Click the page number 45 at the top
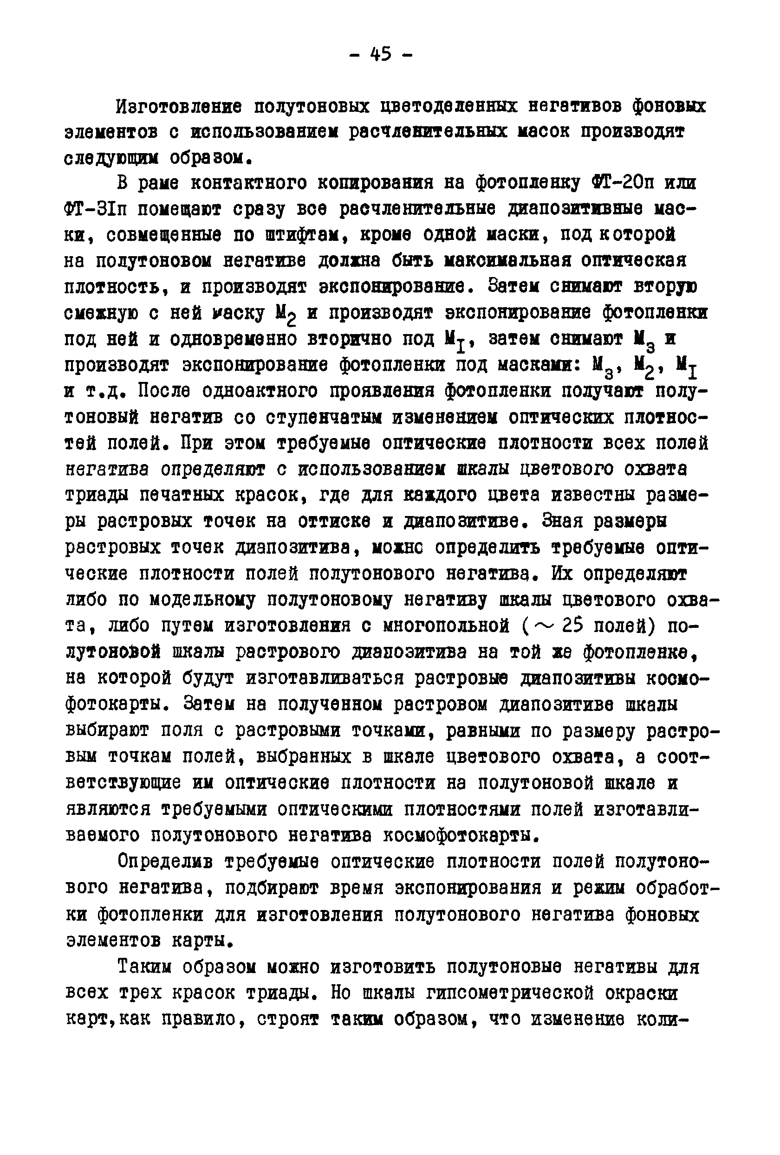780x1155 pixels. click(381, 54)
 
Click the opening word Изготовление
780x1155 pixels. click(179, 107)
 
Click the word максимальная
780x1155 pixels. click(507, 261)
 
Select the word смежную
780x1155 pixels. click(101, 314)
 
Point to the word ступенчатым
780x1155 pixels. click(324, 418)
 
